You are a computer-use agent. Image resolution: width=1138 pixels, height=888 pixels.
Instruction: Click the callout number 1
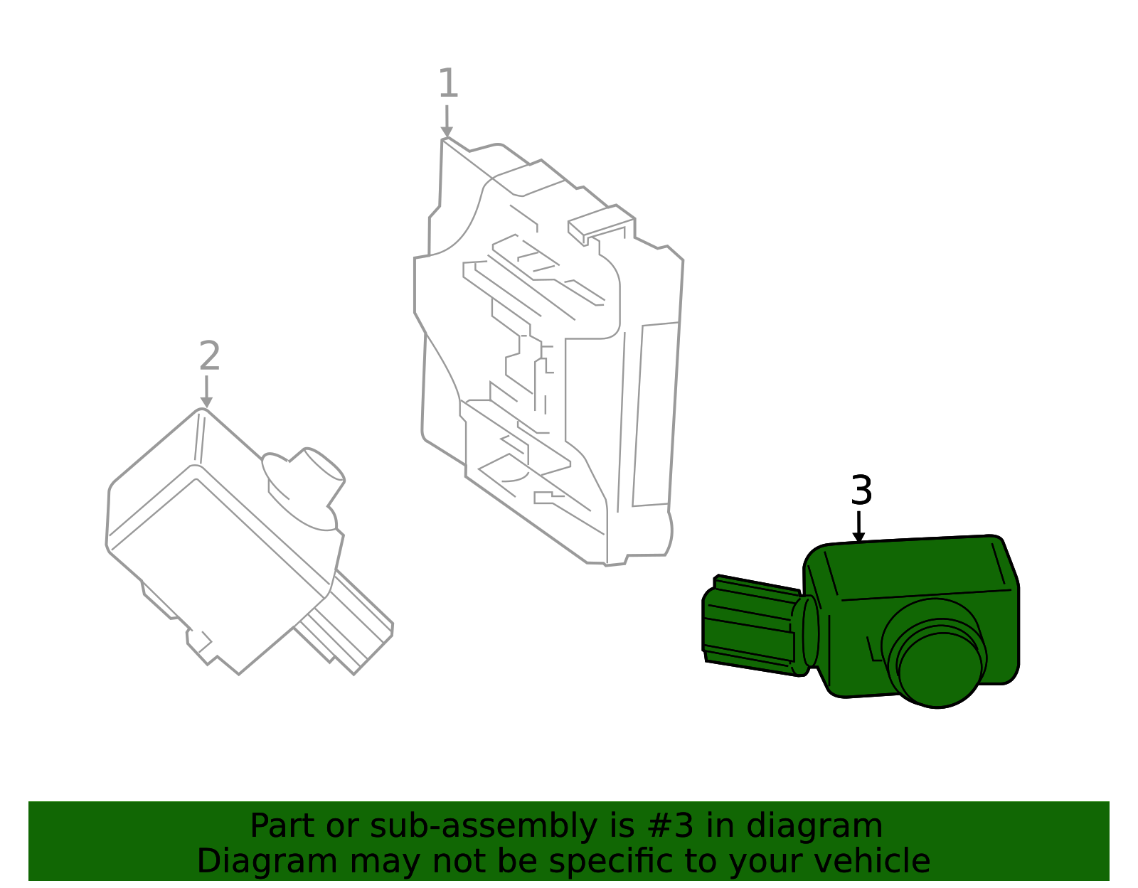447,84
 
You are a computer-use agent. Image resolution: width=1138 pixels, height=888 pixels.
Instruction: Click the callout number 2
209,356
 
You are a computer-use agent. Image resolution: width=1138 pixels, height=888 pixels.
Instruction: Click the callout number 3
861,491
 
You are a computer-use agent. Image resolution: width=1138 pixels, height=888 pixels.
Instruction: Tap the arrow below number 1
447,121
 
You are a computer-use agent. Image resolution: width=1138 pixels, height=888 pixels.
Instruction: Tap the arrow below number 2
206,392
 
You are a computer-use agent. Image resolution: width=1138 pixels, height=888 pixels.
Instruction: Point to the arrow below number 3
859,527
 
